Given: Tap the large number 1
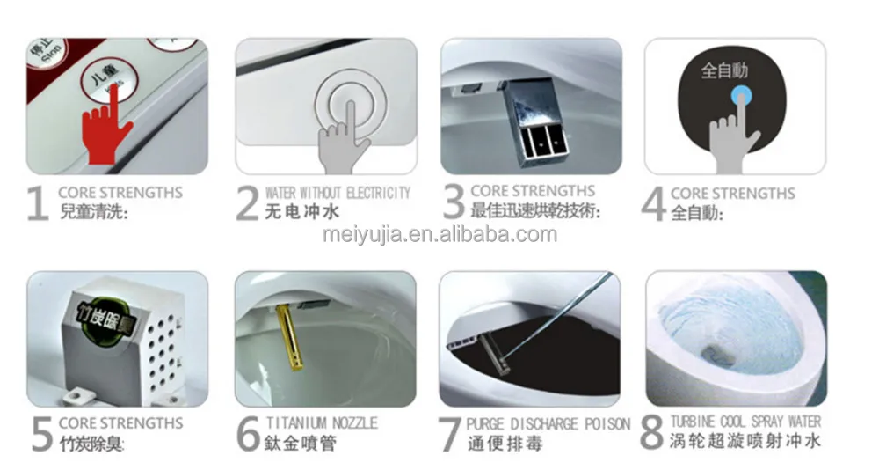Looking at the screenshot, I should [37, 203].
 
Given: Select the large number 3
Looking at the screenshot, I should [453, 202].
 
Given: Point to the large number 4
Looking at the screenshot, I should [654, 203].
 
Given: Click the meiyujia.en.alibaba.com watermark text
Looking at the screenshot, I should [439, 234].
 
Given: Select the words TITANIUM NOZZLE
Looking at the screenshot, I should [322, 423].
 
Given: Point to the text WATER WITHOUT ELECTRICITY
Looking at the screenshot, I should [338, 192].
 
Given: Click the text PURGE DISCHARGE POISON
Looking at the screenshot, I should [548, 423].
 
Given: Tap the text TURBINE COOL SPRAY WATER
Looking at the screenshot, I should [745, 422].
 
